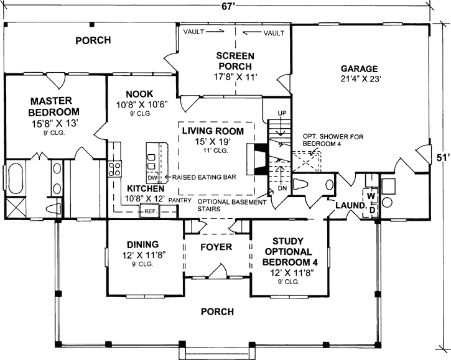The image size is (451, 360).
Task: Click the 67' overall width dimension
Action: pos(227,7)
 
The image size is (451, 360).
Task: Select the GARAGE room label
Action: pos(360,69)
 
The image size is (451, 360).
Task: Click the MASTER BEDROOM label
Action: pos(53,106)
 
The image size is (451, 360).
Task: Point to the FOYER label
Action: pos(216,247)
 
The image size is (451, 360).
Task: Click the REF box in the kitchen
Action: pos(149,211)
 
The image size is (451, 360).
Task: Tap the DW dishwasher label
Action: pos(152,178)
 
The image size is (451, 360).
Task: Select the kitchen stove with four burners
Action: pos(114,168)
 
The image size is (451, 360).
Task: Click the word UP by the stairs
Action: pos(282,113)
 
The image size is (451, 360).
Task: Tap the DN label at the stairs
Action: pos(282,188)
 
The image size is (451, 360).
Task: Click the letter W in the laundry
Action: pos(371,196)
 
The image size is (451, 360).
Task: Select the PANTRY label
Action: pos(180,200)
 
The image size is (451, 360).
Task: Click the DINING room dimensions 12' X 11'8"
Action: pos(142,255)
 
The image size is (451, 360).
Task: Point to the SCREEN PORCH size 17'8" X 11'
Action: pos(235,77)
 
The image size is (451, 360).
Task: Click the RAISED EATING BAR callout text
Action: pos(204,177)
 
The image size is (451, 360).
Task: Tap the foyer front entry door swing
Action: pos(217,270)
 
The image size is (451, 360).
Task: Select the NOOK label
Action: pos(139,94)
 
